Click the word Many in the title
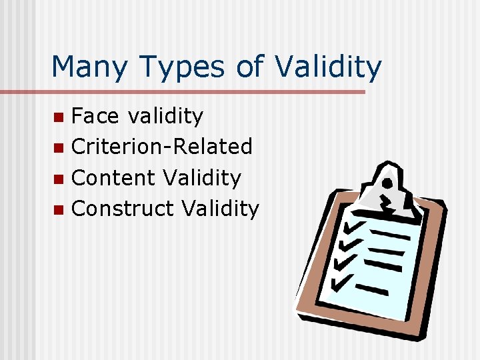[88, 67]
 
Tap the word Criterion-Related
[161, 147]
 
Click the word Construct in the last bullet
[122, 209]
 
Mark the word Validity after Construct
[220, 209]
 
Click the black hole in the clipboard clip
[386, 181]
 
